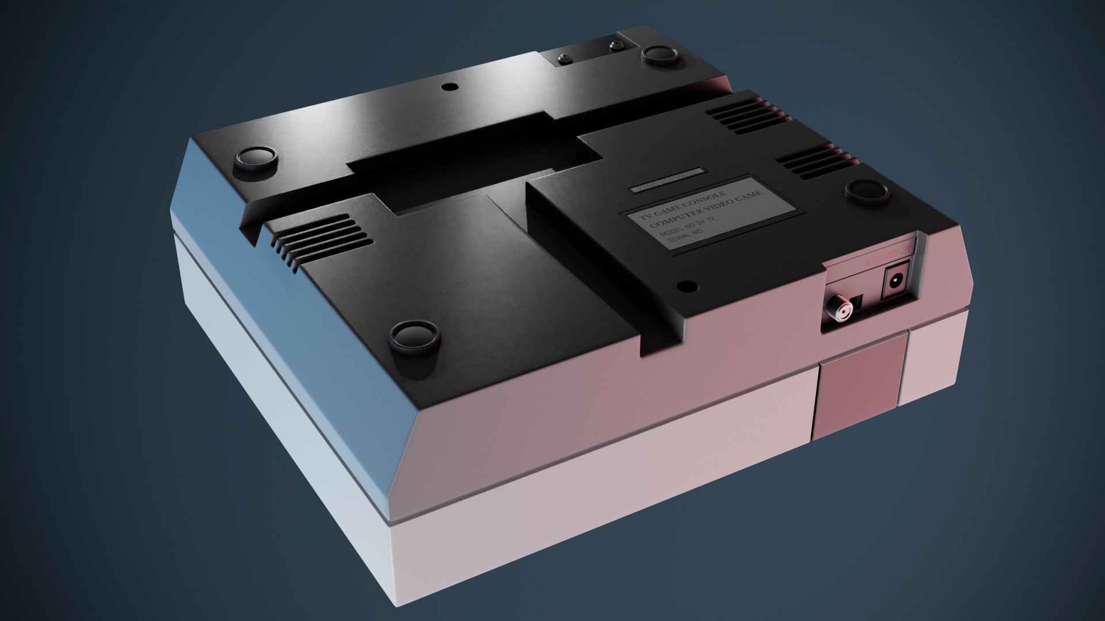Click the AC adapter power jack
pyautogui.click(x=896, y=282)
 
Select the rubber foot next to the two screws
pyautogui.click(x=660, y=55)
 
